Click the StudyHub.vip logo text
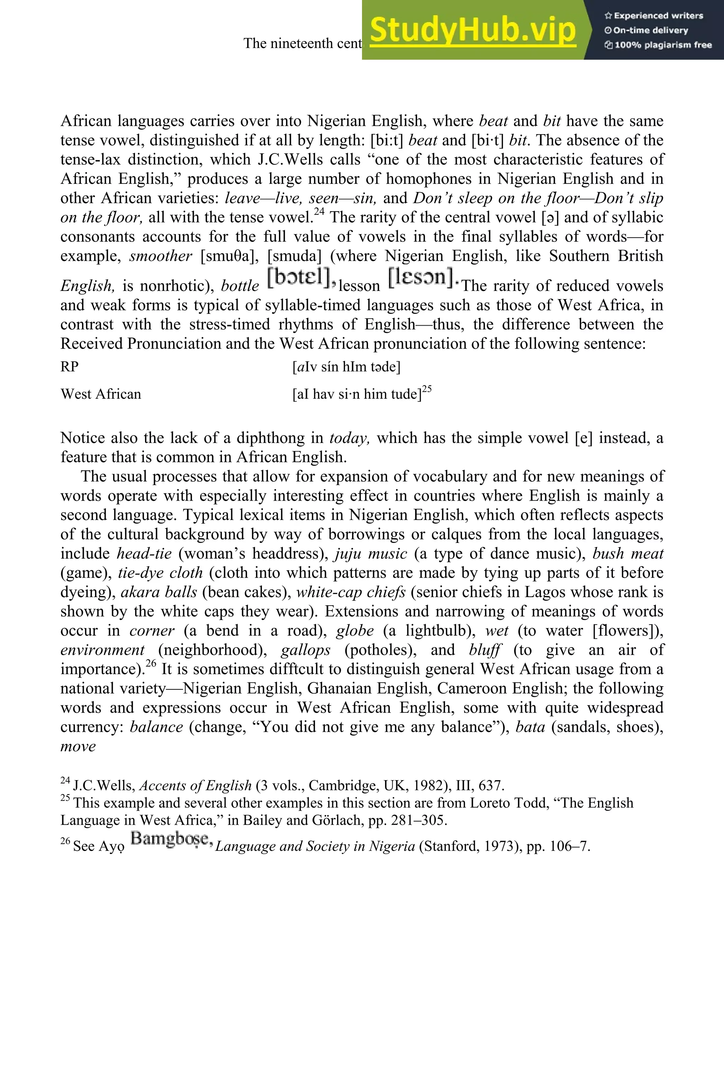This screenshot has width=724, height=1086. click(473, 30)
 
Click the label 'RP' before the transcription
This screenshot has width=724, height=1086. click(70, 367)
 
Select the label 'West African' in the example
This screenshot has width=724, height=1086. click(101, 394)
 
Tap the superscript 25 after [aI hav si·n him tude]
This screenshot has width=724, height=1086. click(427, 389)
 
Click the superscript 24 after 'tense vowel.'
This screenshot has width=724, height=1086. click(320, 212)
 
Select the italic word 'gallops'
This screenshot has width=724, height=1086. click(306, 650)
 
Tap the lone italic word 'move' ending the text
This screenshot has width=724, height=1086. click(78, 747)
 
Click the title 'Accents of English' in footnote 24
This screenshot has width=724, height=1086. click(195, 786)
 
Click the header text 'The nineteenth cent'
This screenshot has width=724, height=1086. click(303, 43)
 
